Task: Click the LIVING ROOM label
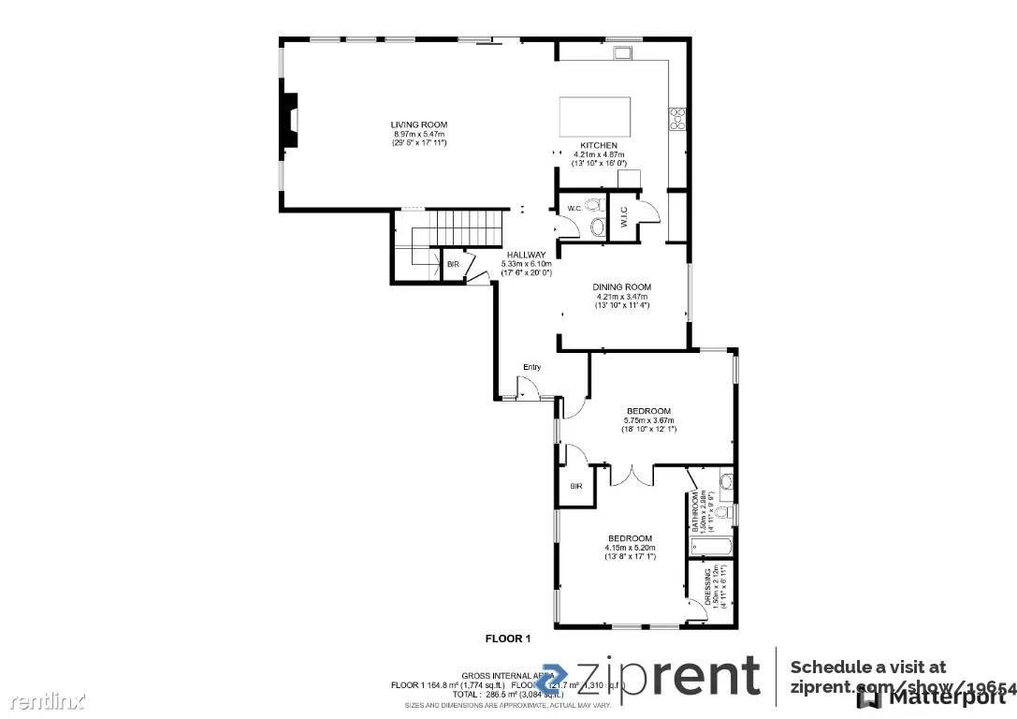point(418,125)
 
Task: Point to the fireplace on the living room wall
point(291,122)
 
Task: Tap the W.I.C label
point(624,223)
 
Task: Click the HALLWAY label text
point(526,255)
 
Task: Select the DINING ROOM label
point(621,287)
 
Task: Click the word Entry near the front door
point(531,367)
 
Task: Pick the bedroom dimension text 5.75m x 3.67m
point(648,420)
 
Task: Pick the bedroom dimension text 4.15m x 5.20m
point(630,548)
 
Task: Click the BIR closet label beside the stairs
point(453,265)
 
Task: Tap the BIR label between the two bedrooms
point(576,487)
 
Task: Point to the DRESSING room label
point(706,586)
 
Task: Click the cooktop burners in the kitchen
point(677,117)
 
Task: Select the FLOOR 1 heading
point(507,638)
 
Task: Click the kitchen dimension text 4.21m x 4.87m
point(598,154)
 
